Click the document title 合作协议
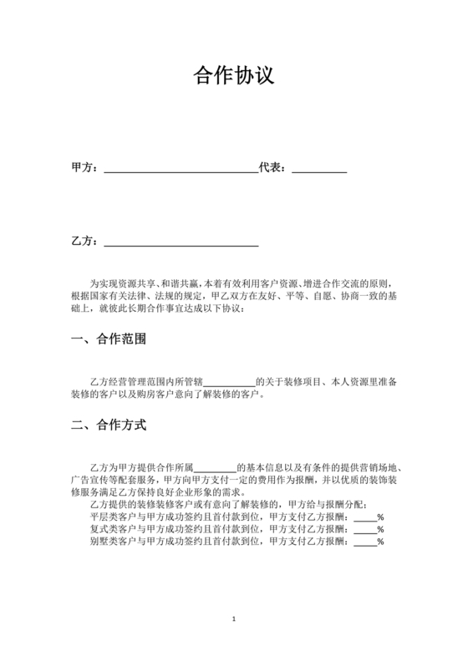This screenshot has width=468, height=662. point(233,77)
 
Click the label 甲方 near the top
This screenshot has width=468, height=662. point(82,167)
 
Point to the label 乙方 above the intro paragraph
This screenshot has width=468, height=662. point(82,242)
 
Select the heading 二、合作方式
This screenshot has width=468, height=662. point(109,425)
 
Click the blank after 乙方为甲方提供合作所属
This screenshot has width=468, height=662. point(216,467)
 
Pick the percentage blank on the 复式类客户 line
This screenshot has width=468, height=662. point(365,530)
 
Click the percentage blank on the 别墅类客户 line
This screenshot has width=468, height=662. point(365,542)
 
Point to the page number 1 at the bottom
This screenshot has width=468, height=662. point(234,619)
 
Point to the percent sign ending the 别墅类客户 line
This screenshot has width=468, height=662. point(380,542)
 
